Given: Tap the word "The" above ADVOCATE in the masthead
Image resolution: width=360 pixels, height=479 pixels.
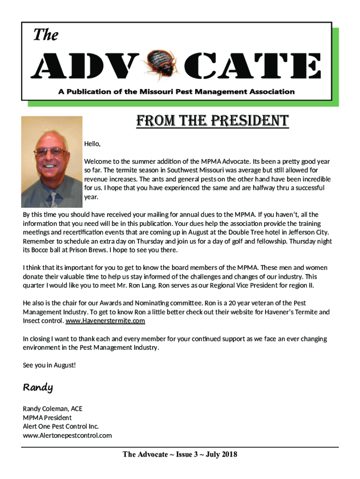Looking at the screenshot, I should click(45, 35).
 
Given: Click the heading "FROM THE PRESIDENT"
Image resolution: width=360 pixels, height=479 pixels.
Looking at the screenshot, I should click(212, 122).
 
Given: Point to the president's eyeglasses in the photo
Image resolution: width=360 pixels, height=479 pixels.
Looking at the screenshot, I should click(50, 152).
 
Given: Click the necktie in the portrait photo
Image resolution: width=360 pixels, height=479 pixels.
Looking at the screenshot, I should click(54, 198).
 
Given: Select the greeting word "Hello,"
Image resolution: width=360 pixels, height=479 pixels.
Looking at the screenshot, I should click(92, 143).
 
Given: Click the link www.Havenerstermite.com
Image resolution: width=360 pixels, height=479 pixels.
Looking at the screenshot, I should click(105, 321).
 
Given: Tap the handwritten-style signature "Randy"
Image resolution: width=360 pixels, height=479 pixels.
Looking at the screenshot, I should click(38, 388).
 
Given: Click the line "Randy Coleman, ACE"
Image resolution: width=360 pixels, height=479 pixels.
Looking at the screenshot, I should click(52, 409).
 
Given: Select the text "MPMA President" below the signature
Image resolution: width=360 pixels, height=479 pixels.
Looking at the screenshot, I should click(47, 418).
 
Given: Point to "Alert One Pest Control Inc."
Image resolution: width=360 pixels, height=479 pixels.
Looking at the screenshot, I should click(61, 427).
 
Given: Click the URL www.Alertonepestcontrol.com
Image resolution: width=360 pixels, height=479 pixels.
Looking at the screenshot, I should click(67, 435).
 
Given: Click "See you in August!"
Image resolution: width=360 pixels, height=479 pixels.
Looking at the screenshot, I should click(49, 365).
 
